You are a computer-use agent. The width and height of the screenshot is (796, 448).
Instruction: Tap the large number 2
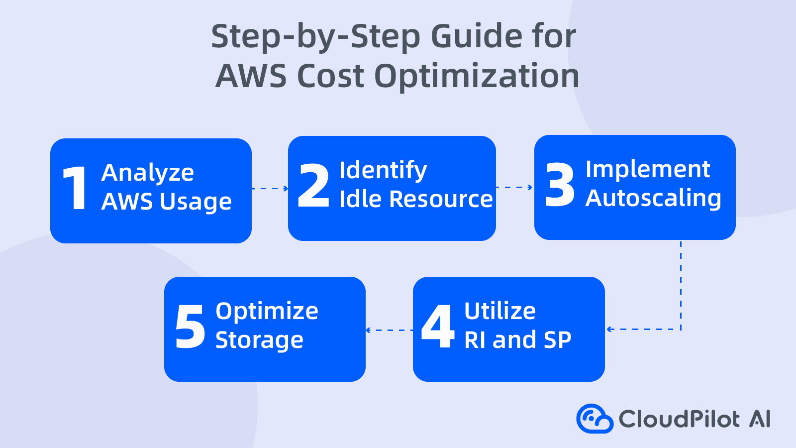coord(313,186)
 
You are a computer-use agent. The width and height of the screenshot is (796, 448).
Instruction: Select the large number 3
coord(560,185)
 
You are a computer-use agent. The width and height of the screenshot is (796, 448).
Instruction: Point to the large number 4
coord(438,327)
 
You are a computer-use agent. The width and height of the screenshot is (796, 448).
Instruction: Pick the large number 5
coord(190,327)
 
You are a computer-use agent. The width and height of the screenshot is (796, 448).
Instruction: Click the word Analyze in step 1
coord(148,173)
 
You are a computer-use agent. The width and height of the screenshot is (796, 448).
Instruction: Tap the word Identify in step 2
coord(383,171)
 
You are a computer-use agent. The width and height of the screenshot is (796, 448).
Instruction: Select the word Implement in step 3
coord(648,169)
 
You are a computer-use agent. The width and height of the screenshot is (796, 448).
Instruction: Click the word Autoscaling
coord(653,198)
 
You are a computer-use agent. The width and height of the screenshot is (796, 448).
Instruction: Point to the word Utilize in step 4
coord(500,311)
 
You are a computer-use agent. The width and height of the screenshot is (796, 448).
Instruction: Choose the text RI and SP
coord(517,340)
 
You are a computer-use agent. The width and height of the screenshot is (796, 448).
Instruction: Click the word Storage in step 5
coord(259,340)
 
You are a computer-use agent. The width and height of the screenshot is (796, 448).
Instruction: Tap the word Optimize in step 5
coord(267,312)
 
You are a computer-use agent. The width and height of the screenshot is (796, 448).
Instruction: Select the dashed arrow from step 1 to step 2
coord(270,189)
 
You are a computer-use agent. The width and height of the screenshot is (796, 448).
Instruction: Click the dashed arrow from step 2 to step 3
coord(514,188)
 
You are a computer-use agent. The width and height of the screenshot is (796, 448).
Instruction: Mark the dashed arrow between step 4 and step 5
coord(389,330)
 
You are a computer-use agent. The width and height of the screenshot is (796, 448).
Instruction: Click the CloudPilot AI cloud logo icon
coord(595,419)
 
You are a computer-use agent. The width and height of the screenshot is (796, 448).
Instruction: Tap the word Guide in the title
coord(476,36)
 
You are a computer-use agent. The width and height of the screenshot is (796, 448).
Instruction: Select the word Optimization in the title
coord(477,76)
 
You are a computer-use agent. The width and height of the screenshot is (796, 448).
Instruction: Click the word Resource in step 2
coord(441,199)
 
